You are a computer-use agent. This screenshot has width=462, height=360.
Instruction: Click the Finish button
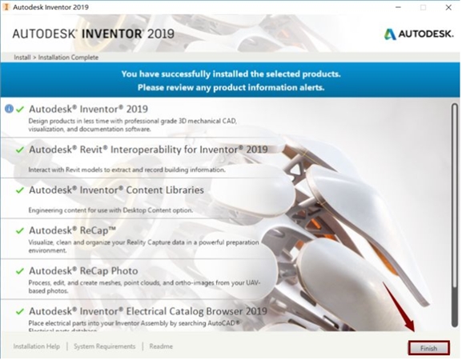[x=428, y=348]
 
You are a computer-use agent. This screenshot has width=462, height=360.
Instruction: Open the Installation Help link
[x=36, y=346]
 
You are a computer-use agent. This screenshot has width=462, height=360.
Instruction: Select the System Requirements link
[x=105, y=346]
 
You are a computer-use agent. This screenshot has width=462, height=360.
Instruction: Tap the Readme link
[x=161, y=346]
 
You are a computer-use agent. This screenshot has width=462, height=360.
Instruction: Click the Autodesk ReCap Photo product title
[x=83, y=270]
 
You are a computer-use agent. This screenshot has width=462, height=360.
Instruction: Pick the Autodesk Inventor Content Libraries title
[x=116, y=190]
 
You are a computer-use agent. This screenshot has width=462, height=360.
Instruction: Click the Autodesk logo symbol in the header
[x=390, y=34]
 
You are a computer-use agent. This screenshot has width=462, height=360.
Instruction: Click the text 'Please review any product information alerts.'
[x=230, y=86]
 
